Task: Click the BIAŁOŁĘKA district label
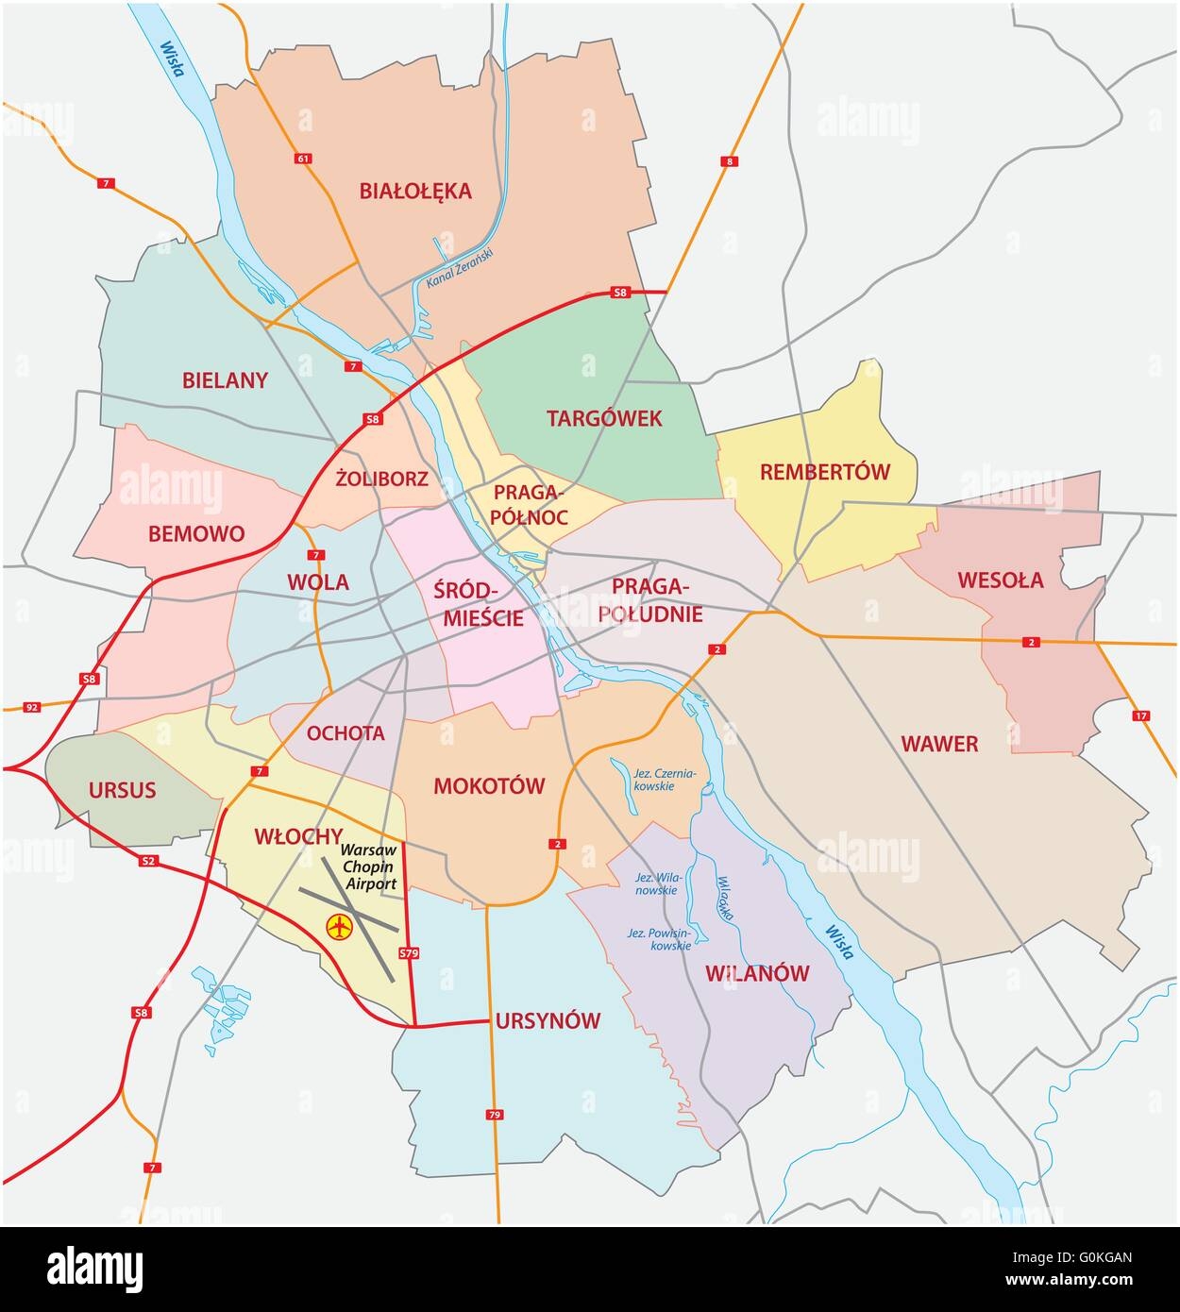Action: (x=414, y=192)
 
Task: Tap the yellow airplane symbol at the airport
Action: (x=338, y=927)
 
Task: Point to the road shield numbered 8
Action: (x=727, y=161)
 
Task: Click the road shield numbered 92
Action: (x=32, y=706)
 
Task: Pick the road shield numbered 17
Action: (x=1140, y=716)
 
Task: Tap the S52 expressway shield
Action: (x=146, y=861)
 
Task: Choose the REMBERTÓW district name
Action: (x=825, y=472)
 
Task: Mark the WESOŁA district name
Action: (x=1001, y=580)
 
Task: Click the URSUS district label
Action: (x=122, y=789)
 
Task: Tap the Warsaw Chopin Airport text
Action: (x=369, y=866)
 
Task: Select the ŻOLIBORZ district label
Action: (x=381, y=479)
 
